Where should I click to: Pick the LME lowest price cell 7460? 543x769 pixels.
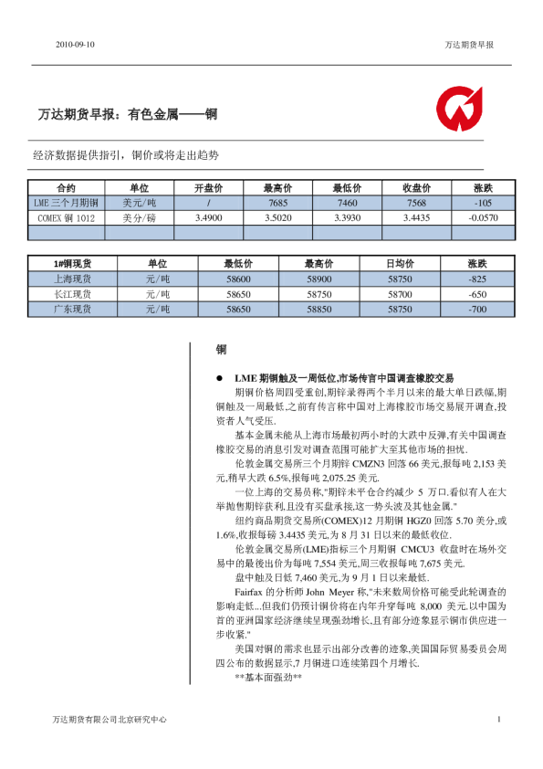[x=348, y=203]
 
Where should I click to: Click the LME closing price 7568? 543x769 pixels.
[x=417, y=203]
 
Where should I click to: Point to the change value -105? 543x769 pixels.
[x=484, y=203]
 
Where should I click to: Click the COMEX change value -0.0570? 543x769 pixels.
[x=484, y=218]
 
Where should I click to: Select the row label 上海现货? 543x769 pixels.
[x=73, y=279]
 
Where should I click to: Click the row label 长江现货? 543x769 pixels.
[x=73, y=294]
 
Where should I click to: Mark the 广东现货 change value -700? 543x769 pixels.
[x=476, y=310]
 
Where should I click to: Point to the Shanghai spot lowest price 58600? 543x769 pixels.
[x=237, y=279]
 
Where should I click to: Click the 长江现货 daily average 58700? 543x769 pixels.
[x=400, y=294]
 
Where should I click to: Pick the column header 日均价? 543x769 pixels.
[x=400, y=263]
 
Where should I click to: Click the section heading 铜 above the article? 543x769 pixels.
[x=221, y=349]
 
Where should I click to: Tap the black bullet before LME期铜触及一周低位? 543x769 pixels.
[x=219, y=377]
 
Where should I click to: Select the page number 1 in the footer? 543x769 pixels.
[x=499, y=720]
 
